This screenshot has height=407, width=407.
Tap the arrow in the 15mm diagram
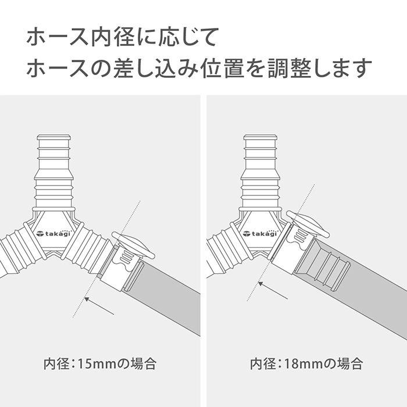[x=99, y=306]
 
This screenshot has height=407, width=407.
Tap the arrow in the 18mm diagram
[x=273, y=291]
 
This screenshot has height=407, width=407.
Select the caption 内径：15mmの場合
[x=100, y=363]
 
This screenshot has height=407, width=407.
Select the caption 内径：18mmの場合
[x=306, y=363]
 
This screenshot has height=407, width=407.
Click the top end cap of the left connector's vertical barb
[x=54, y=137]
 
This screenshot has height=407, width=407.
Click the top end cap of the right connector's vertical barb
[x=260, y=137]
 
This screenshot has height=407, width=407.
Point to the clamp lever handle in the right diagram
[x=308, y=224]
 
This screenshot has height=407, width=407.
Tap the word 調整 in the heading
[x=290, y=68]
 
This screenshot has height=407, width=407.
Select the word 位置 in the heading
[x=223, y=68]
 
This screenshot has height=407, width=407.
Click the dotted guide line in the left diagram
[x=106, y=259]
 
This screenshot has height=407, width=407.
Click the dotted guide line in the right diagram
[x=281, y=242]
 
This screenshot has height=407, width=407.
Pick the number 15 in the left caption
[x=84, y=364]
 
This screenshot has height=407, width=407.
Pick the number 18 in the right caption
[x=291, y=364]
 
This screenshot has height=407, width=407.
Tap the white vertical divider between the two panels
[x=203, y=251]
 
